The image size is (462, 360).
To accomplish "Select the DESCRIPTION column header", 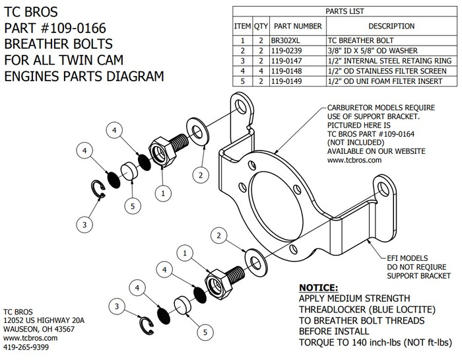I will tap(391, 26).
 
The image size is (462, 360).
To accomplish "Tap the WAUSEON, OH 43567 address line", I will tap(39, 328).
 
